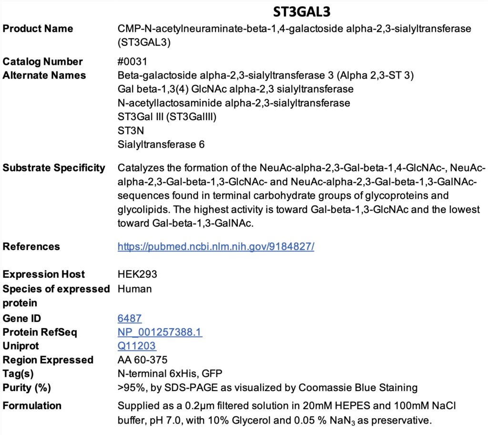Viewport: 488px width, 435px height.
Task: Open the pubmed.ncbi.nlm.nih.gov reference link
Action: pos(216,247)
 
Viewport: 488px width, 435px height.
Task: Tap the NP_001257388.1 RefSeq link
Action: pos(160,332)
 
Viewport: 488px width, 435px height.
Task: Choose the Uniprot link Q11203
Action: pos(137,346)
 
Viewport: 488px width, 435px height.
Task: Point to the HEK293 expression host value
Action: pos(137,274)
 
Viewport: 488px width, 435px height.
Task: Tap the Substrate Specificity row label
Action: pos(54,168)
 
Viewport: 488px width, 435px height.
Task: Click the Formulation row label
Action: pos(32,405)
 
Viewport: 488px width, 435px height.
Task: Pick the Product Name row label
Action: pos(38,29)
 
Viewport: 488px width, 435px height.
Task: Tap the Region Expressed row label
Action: pos(48,360)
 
